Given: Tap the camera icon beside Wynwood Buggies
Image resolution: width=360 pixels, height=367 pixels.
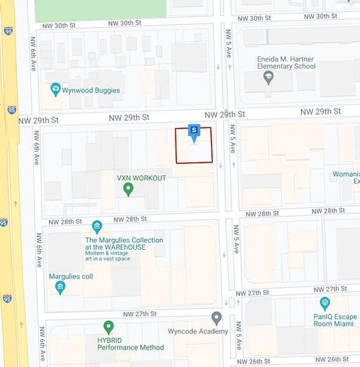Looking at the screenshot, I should tap(56, 90).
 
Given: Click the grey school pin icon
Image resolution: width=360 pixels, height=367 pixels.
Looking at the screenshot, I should tap(268, 78).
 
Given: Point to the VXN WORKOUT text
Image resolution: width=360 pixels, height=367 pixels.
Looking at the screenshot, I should tap(142, 178).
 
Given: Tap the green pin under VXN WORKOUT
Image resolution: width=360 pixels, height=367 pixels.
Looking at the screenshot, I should tap(129, 188).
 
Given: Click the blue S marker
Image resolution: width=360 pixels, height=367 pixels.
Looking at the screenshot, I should tap(193, 132).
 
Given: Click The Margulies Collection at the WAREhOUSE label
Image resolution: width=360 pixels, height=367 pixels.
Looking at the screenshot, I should tap(124, 244).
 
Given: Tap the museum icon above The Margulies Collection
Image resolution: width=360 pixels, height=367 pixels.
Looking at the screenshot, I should tap(97, 227).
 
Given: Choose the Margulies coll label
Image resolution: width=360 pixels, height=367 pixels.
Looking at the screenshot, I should tap(72, 276).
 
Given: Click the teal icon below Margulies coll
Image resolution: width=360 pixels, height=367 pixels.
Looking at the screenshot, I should tap(60, 288).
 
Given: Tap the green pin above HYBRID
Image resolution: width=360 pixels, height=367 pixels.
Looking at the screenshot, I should tap(109, 327).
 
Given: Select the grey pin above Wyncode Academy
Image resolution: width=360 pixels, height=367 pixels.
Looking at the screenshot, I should tap(216, 318).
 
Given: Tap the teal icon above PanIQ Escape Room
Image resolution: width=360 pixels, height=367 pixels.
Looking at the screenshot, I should tap(324, 303).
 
